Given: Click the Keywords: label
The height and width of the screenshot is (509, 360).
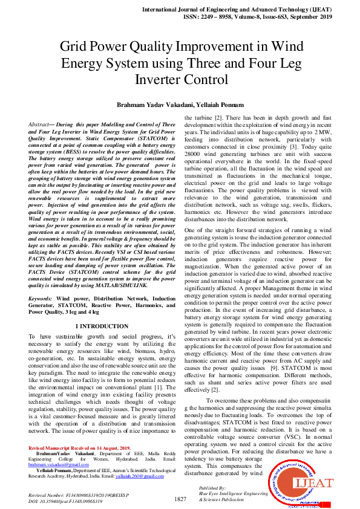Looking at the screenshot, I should (41, 299).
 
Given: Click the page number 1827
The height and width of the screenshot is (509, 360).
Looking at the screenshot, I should (180, 499).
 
